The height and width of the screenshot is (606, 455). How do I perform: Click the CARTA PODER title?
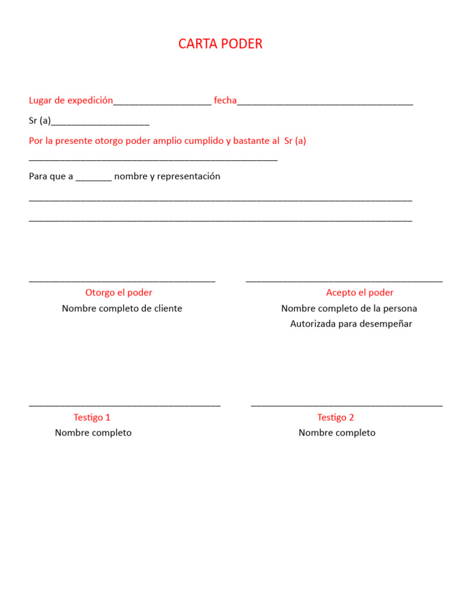(x=220, y=44)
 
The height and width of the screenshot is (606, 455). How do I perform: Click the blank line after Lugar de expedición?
(x=162, y=104)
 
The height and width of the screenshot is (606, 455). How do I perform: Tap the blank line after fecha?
(x=325, y=104)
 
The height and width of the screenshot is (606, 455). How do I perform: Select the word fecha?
(x=225, y=101)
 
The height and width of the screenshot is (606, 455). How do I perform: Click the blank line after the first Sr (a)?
(x=100, y=124)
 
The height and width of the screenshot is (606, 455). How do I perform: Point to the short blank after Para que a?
(x=94, y=179)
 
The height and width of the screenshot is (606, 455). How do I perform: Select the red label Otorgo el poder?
(x=118, y=292)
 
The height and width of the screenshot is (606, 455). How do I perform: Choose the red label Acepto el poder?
(x=360, y=292)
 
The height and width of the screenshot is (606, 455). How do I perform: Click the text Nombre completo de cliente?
(x=122, y=308)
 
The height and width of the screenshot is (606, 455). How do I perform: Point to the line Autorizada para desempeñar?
(x=351, y=324)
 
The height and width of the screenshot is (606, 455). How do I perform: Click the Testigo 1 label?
(x=92, y=417)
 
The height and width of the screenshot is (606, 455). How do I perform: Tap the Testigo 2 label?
(x=335, y=417)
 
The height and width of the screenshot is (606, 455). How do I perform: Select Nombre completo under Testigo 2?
(x=337, y=433)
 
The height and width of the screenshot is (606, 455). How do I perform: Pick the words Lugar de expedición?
(x=71, y=101)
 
